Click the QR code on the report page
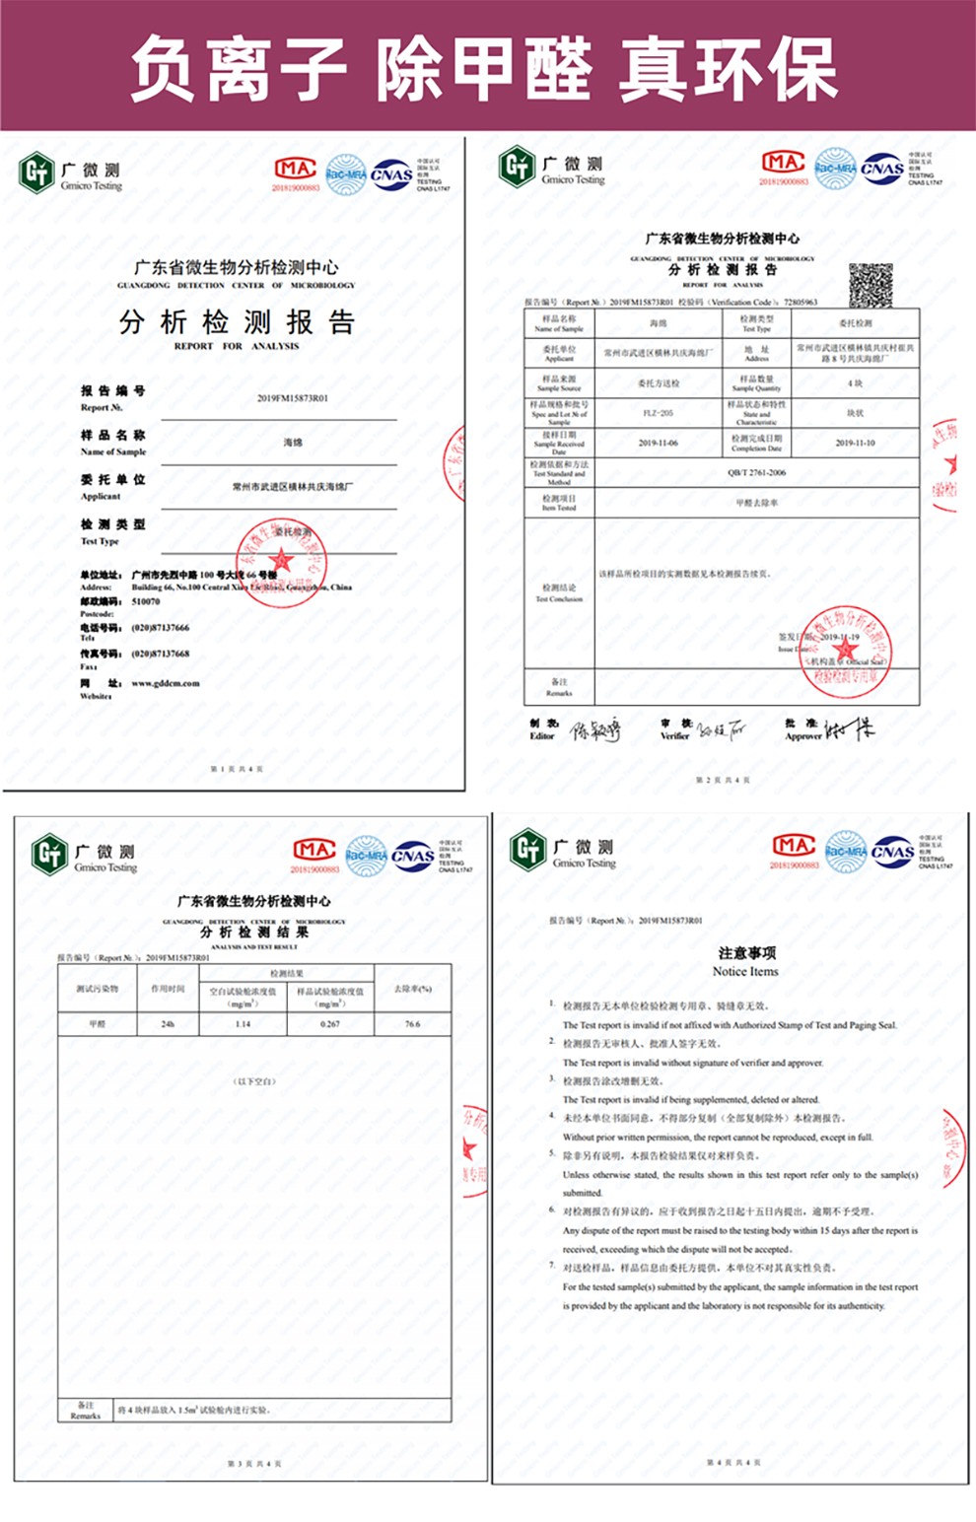[871, 285]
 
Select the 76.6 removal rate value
[412, 1024]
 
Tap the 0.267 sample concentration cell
[330, 1024]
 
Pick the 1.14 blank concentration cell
[243, 1024]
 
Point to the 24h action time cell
[168, 1024]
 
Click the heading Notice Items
[745, 971]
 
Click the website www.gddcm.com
[166, 682]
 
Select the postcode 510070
[146, 601]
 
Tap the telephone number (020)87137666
[161, 628]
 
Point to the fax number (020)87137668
[161, 654]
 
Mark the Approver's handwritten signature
[849, 729]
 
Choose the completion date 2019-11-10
[855, 444]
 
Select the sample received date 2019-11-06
[658, 444]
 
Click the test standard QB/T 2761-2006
[756, 473]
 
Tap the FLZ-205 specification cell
[658, 413]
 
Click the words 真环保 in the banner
[730, 69]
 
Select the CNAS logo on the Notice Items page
[892, 853]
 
